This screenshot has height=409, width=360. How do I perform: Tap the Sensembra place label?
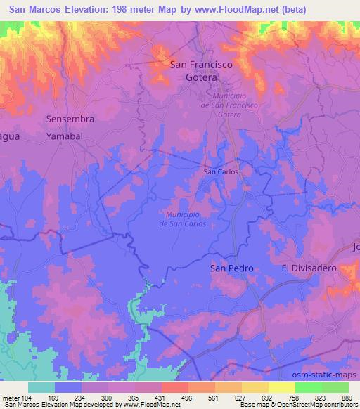click(70, 119)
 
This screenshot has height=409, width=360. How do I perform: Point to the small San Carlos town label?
click(221, 171)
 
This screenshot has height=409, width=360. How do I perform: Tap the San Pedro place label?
click(231, 268)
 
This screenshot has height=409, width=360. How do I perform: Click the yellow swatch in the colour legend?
click(281, 387)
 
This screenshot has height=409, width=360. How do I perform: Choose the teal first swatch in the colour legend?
click(41, 387)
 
